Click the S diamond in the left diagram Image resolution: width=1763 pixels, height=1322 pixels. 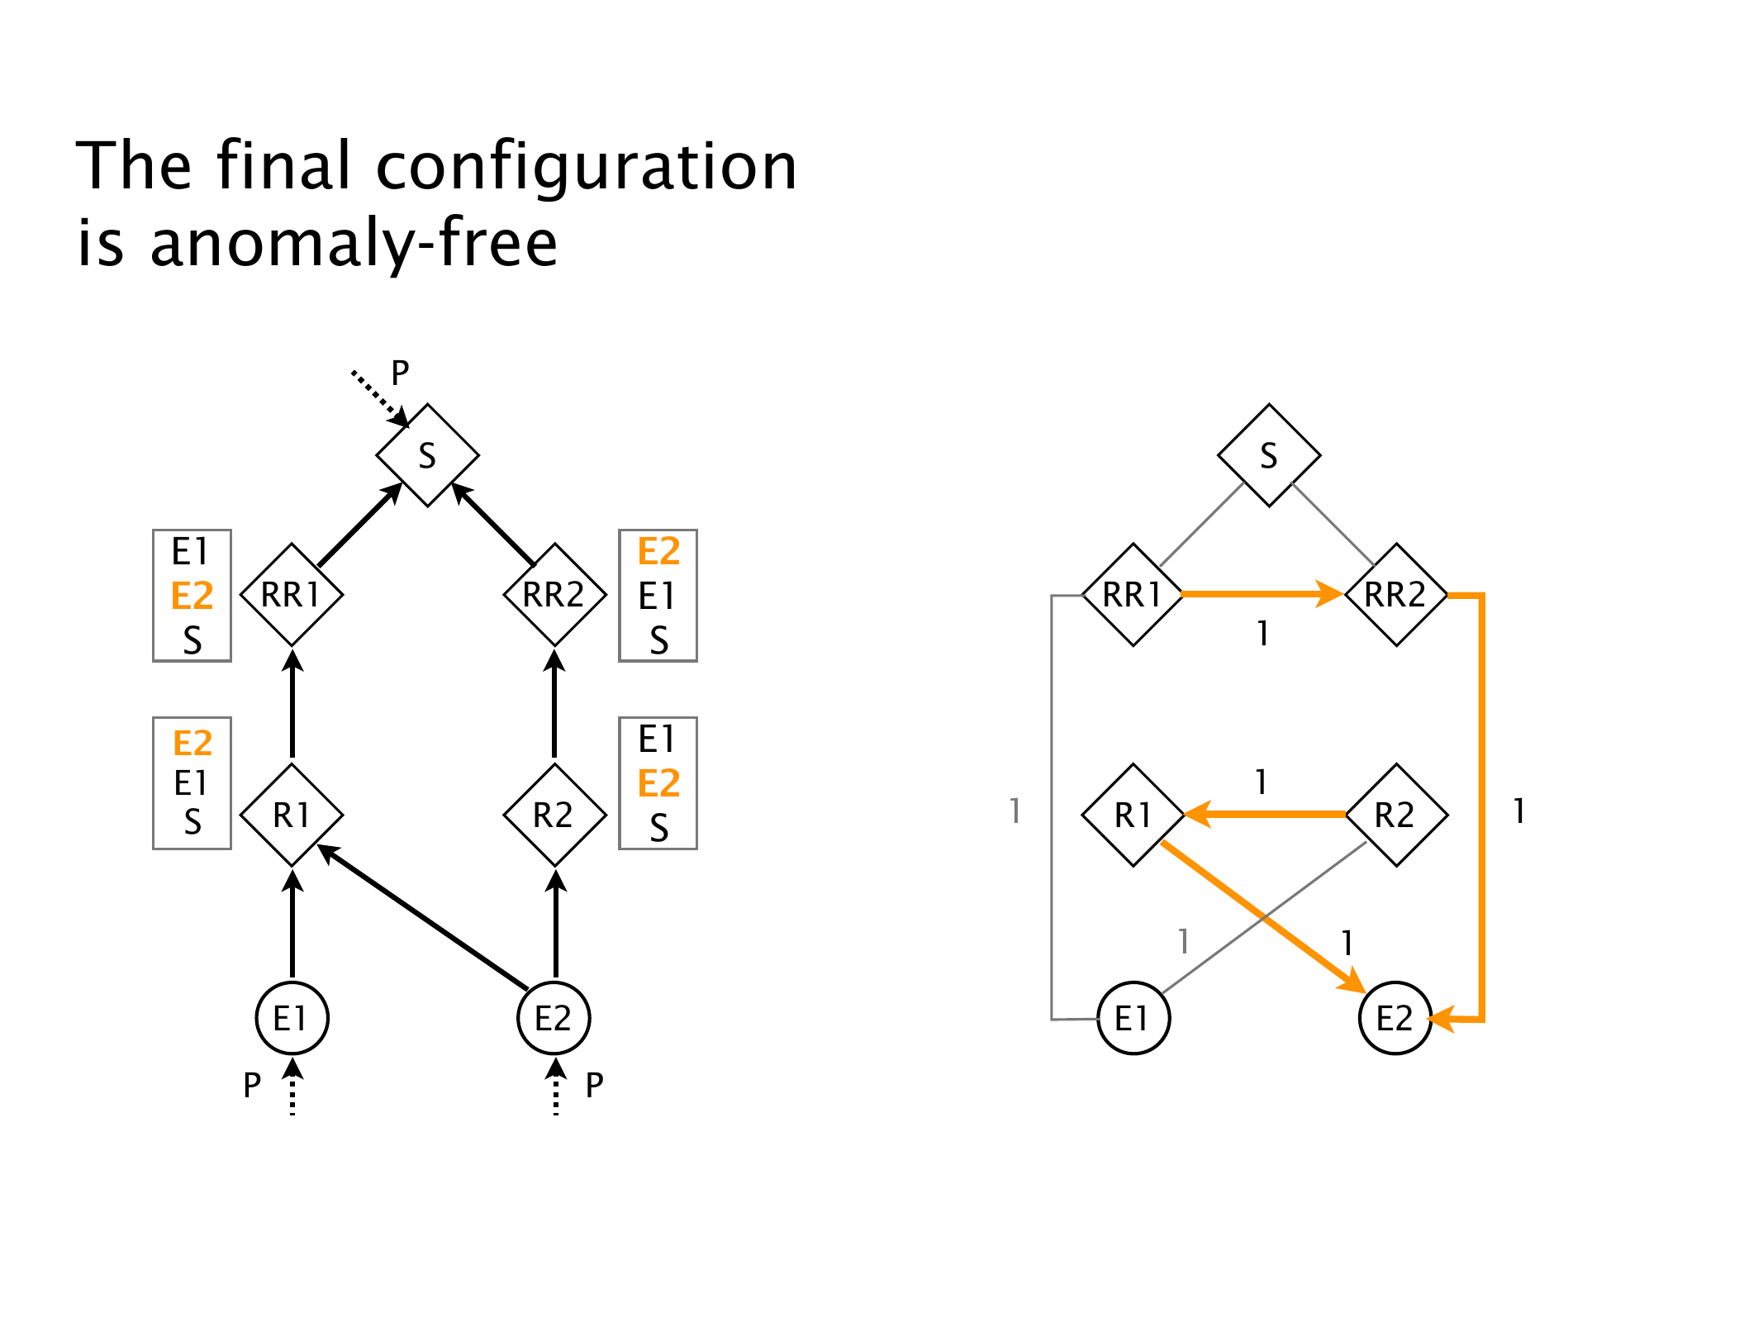pos(427,455)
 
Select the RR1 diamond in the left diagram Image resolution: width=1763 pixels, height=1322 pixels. pos(291,595)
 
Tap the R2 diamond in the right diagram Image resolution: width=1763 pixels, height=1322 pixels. pos(1395,816)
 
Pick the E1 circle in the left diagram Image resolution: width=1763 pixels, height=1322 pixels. pos(292,1018)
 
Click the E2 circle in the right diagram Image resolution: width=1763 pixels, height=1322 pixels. pos(1395,1018)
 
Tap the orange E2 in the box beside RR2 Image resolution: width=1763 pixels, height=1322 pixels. pos(658,552)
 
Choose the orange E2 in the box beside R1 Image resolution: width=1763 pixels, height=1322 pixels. pos(192,744)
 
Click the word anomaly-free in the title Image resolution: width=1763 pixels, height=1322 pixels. pos(354,243)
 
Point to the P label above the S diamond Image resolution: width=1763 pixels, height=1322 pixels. pos(400,373)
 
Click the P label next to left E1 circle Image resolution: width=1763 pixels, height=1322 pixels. pos(252,1085)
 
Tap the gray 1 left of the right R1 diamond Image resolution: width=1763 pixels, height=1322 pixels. pos(1015,811)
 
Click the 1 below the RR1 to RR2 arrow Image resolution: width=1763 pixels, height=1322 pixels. pos(1262,634)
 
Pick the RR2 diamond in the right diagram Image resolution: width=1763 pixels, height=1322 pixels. pos(1395,595)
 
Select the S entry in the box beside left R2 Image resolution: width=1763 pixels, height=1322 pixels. pos(658,827)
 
